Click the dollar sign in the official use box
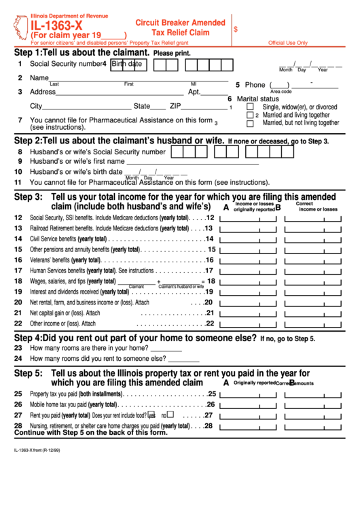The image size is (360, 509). (x=236, y=30)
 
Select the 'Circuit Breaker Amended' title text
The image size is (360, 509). (x=180, y=22)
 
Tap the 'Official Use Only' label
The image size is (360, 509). (x=287, y=42)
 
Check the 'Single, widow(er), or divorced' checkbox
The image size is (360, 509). (x=250, y=107)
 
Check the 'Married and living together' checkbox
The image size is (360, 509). (x=250, y=115)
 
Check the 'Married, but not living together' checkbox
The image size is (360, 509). (x=250, y=123)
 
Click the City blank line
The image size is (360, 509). (x=86, y=107)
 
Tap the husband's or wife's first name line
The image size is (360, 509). (x=192, y=162)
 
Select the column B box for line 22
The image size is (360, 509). (x=312, y=324)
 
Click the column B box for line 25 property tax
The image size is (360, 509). (x=312, y=394)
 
